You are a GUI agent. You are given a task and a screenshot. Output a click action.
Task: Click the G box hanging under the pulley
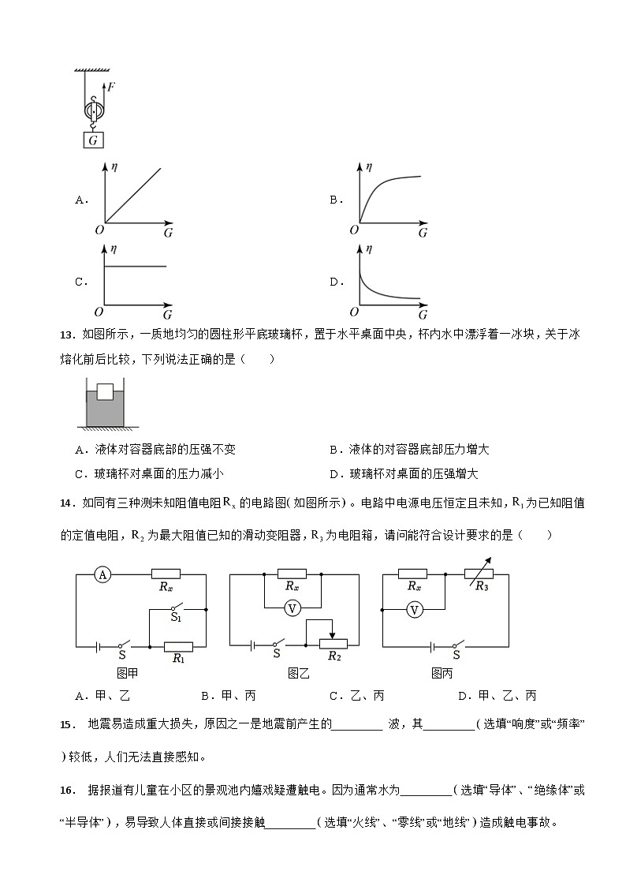tap(94, 140)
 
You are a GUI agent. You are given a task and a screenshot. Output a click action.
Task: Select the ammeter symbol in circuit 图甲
tap(102, 575)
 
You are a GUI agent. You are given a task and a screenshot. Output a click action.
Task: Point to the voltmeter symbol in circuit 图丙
tap(415, 609)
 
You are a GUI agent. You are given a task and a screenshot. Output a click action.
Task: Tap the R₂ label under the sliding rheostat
tap(334, 656)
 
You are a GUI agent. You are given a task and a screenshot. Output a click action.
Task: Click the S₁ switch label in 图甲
tap(176, 618)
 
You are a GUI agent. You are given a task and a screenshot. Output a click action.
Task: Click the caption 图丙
tap(442, 674)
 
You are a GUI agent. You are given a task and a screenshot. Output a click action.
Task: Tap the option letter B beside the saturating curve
tap(335, 200)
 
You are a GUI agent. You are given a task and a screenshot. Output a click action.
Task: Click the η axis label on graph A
tap(114, 168)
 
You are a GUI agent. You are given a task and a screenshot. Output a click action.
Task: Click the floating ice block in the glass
tap(105, 393)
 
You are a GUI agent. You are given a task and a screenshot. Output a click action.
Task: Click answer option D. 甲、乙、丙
tap(497, 695)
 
